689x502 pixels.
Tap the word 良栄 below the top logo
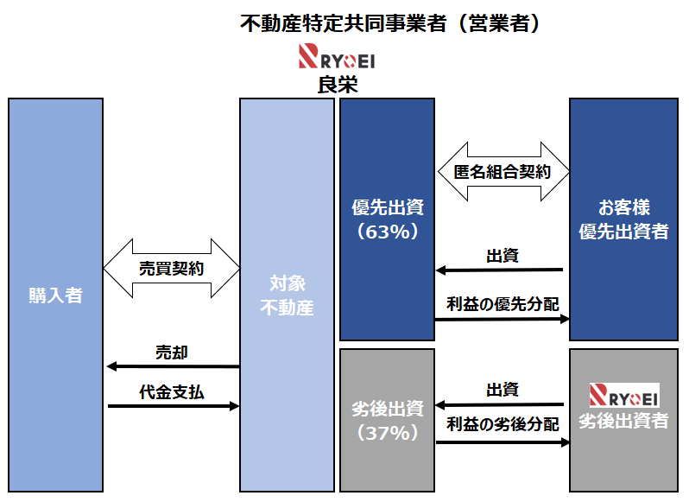click(x=338, y=85)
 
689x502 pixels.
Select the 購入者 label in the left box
click(x=55, y=295)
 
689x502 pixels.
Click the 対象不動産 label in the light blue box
click(x=287, y=295)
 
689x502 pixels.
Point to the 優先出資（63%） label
click(x=388, y=219)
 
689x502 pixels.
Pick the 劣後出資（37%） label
click(x=388, y=420)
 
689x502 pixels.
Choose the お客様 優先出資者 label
click(x=623, y=219)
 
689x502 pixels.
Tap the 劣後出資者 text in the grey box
click(x=623, y=421)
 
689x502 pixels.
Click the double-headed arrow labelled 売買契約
click(x=171, y=269)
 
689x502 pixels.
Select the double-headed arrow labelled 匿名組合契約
click(x=502, y=172)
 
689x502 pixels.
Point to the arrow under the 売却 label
click(x=172, y=366)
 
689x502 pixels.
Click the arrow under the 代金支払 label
click(x=172, y=404)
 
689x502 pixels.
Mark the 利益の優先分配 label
click(x=502, y=304)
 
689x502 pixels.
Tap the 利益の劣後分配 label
click(x=502, y=425)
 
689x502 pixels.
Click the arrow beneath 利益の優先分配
click(x=502, y=320)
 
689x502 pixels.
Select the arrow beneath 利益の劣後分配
click(x=502, y=442)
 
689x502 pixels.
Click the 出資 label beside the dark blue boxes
click(x=502, y=256)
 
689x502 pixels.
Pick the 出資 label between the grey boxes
click(x=502, y=390)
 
